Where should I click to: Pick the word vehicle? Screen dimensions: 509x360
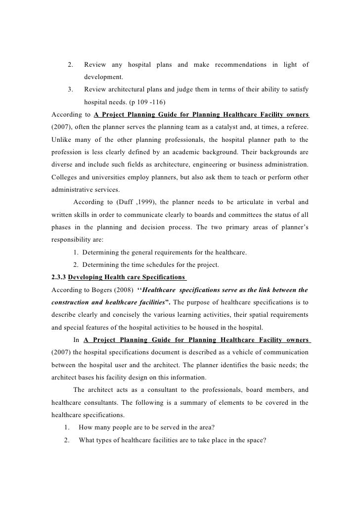click(x=223, y=352)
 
